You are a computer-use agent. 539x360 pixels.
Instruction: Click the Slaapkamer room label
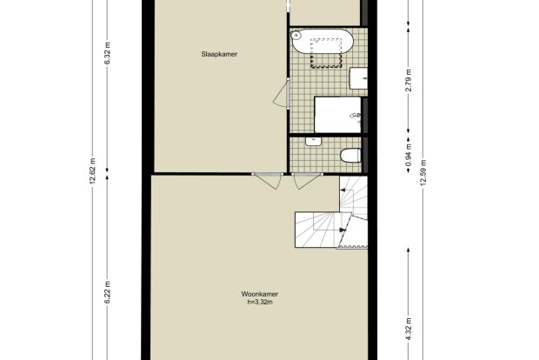pyautogui.click(x=219, y=54)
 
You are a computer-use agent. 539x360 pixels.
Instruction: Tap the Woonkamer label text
pyautogui.click(x=260, y=294)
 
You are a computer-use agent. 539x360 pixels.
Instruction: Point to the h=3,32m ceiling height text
pyautogui.click(x=260, y=303)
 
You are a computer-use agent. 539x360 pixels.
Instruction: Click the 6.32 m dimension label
pyautogui.click(x=107, y=53)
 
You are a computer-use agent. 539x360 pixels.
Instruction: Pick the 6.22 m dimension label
pyautogui.click(x=107, y=292)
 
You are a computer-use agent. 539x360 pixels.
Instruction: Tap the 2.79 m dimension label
pyautogui.click(x=409, y=81)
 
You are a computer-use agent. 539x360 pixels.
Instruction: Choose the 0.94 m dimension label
pyautogui.click(x=409, y=155)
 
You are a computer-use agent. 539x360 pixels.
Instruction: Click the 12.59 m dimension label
pyautogui.click(x=423, y=172)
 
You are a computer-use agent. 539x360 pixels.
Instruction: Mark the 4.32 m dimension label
pyautogui.click(x=409, y=330)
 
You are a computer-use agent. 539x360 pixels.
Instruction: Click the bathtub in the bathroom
pyautogui.click(x=322, y=41)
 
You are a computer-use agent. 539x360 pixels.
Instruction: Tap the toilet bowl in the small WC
pyautogui.click(x=350, y=156)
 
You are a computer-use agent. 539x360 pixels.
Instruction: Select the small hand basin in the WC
pyautogui.click(x=313, y=141)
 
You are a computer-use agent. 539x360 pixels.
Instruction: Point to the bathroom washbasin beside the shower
pyautogui.click(x=358, y=78)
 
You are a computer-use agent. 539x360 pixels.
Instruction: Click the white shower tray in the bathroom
pyautogui.click(x=338, y=115)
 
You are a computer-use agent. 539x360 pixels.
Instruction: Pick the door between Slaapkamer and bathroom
pyautogui.click(x=283, y=94)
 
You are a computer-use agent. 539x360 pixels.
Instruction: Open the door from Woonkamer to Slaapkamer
pyautogui.click(x=268, y=181)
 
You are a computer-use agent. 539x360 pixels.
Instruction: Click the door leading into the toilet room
pyautogui.click(x=308, y=181)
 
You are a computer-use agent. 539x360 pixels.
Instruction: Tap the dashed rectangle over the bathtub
pyautogui.click(x=326, y=52)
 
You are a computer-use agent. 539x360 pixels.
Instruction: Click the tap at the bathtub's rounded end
pyautogui.click(x=296, y=35)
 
